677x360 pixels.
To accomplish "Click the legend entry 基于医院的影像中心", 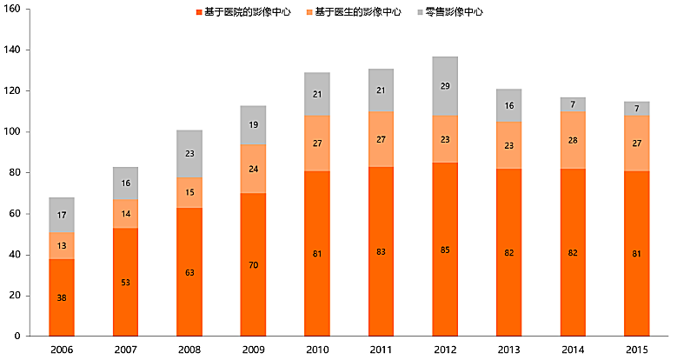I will (x=248, y=12).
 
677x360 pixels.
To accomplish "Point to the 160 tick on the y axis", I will (x=15, y=10).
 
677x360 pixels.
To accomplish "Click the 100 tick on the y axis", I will (x=15, y=132).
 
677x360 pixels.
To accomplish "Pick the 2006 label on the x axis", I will (x=61, y=350).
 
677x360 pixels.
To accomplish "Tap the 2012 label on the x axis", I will (x=445, y=350).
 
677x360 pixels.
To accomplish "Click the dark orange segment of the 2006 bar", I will (x=61, y=297).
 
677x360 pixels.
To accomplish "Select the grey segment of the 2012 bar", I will (x=445, y=86).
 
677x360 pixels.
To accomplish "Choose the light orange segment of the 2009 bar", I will (x=253, y=169).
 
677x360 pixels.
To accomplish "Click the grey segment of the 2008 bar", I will (x=189, y=154).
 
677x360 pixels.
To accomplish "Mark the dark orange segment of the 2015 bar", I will (x=637, y=253).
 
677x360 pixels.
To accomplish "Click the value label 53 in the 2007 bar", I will (x=125, y=283).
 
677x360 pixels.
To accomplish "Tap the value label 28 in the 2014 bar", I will (x=573, y=140).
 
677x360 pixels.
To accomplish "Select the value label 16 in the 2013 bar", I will (x=509, y=105).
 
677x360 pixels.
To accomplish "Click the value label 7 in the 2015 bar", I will (x=637, y=109).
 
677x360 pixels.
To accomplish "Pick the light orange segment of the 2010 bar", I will (x=317, y=143).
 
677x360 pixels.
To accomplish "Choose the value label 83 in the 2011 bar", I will (x=381, y=253).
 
